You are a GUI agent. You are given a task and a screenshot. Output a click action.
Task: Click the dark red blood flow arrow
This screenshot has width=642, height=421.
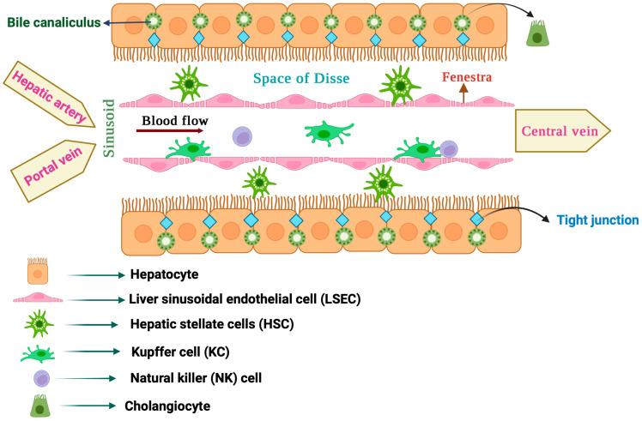171,131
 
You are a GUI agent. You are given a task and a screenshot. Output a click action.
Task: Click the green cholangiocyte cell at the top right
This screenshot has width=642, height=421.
536,37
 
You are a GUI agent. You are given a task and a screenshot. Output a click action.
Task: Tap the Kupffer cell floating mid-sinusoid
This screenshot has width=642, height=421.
330,134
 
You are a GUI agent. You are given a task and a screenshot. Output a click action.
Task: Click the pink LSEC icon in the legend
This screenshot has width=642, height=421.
39,299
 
